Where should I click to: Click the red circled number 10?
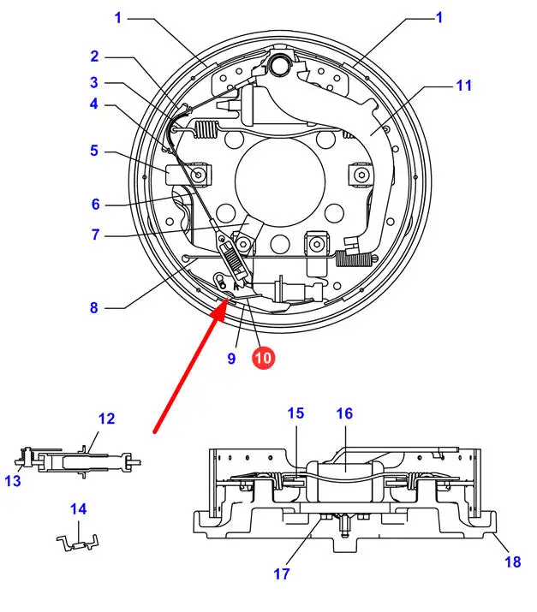(x=263, y=358)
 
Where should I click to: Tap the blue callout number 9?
(x=231, y=359)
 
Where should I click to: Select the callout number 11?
(x=463, y=86)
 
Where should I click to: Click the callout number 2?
(x=94, y=56)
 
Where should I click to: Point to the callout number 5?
(x=94, y=151)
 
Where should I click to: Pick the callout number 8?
(x=94, y=307)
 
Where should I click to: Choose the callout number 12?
(x=106, y=419)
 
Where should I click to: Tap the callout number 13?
(x=13, y=481)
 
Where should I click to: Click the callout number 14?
(x=79, y=509)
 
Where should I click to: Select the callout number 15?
(x=295, y=413)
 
